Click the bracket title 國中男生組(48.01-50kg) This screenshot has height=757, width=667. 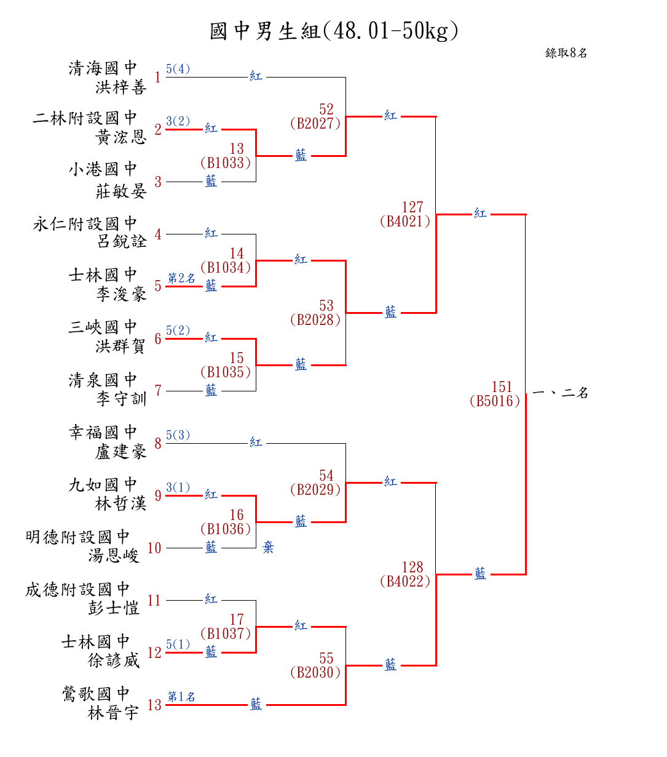point(333,31)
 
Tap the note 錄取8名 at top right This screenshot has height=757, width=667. point(566,53)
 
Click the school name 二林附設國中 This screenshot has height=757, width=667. point(85,118)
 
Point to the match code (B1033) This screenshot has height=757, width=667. point(226,162)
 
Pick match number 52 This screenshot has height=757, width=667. point(326,109)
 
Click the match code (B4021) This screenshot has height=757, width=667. point(405,221)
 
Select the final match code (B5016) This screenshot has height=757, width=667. point(494,401)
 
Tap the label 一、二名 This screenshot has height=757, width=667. point(560,393)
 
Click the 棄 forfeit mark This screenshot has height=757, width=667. point(268,547)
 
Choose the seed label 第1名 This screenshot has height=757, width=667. point(181,697)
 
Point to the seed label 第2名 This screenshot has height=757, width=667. point(181,278)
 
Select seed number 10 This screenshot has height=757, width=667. point(154,548)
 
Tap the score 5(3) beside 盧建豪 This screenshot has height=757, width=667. point(178,435)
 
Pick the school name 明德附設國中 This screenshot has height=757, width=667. point(77,537)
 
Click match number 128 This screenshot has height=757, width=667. point(412,567)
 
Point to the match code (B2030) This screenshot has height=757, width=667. point(315,673)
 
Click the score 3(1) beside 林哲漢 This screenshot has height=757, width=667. point(178,487)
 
